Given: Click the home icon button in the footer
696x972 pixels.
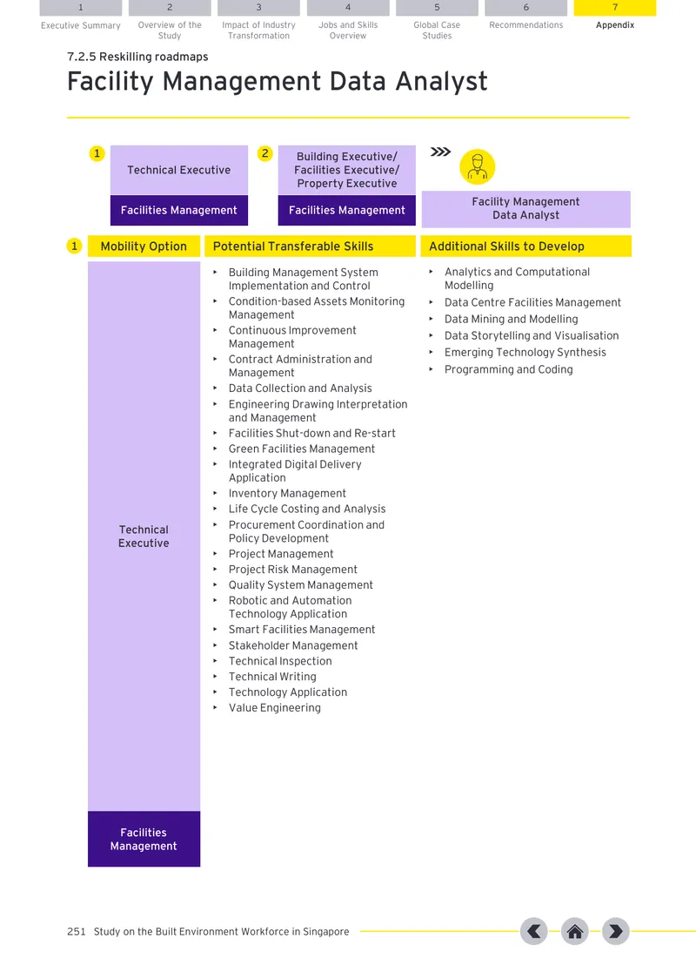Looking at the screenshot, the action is pos(574,931).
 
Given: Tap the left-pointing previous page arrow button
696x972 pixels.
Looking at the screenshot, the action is pos(534,931).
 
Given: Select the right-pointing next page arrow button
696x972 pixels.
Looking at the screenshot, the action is pos(615,931).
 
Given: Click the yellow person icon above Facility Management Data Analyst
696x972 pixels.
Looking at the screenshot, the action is pos(478,166).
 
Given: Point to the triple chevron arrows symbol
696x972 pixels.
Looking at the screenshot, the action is pos(440,152).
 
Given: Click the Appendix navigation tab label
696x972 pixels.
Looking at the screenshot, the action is pos(615,24).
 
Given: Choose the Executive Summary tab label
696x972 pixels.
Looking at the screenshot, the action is pos(81,25).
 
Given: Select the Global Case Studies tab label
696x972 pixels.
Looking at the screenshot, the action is pos(437,30).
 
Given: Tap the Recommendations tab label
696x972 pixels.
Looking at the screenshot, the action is pos(526,24).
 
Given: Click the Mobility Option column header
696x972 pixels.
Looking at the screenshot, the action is pos(144,246).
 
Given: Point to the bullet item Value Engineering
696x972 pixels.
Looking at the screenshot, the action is pos(275,707).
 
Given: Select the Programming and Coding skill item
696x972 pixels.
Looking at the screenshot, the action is pos(508,369).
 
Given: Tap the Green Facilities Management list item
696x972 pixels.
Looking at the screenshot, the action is pos(302,449).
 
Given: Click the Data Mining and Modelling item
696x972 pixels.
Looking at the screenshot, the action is pos(511,320).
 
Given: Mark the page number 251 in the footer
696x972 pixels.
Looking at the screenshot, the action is pos(77,931).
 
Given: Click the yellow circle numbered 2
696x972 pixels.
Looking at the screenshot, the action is pos(265,153).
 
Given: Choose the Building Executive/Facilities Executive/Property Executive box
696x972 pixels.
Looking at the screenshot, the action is pos(347,170).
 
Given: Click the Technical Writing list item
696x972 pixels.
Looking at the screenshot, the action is pos(272,677).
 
